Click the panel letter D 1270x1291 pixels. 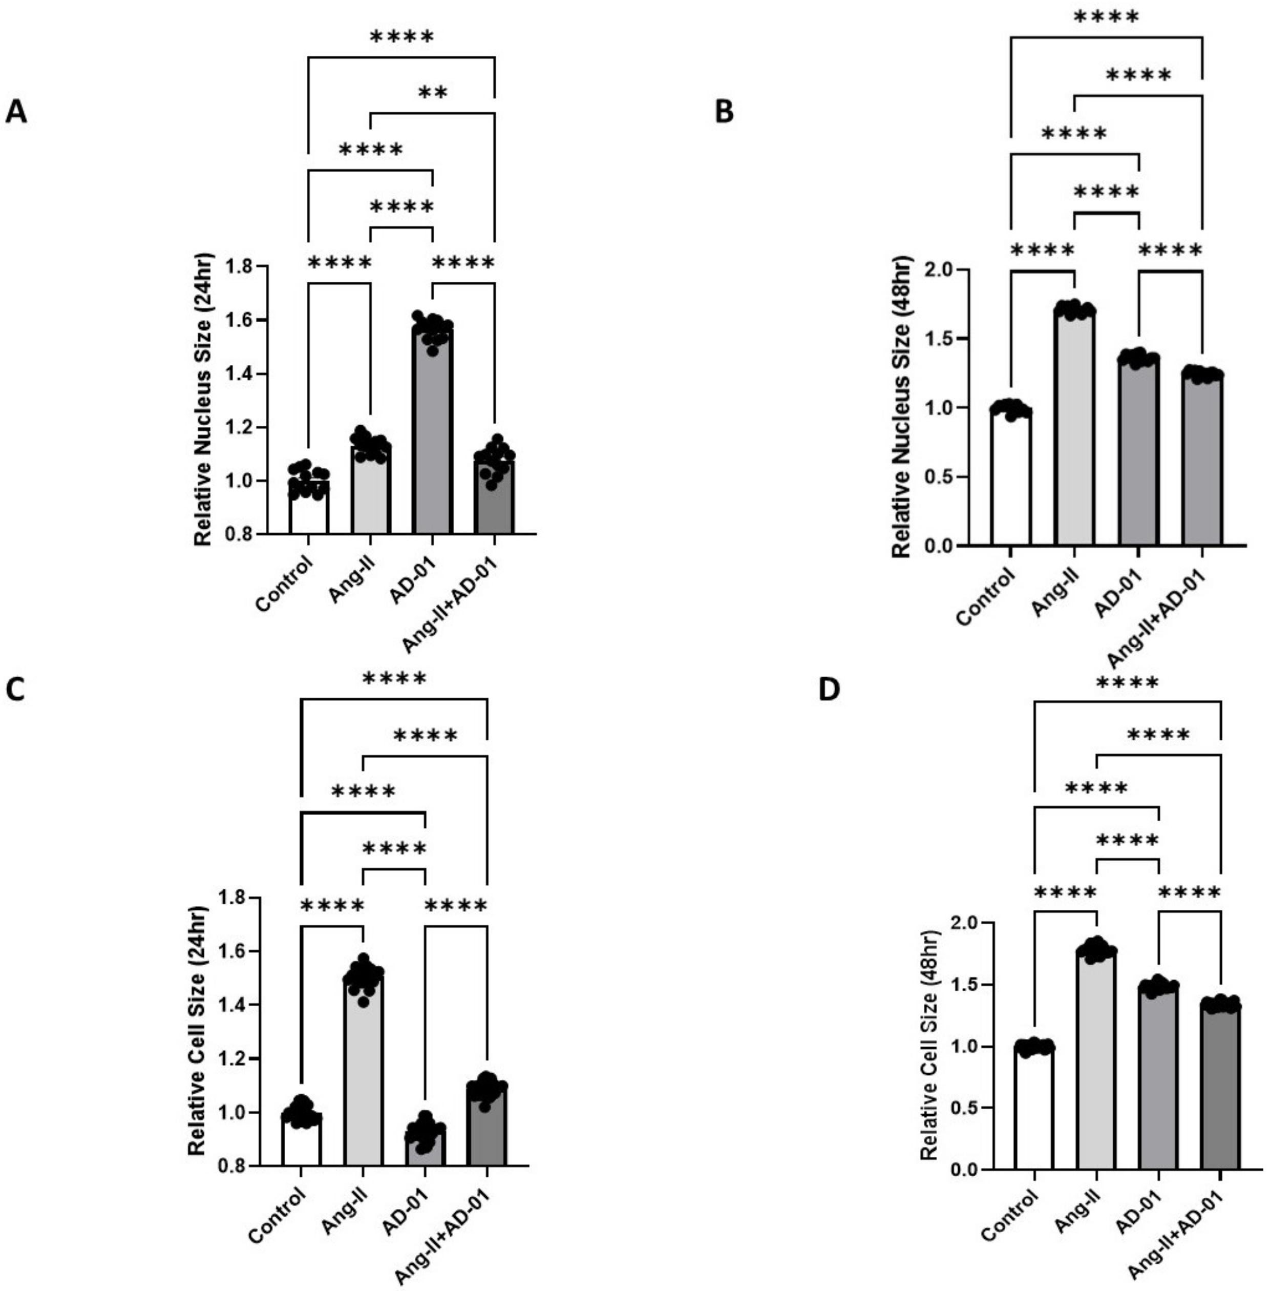(829, 690)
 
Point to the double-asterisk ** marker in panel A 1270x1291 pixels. (432, 93)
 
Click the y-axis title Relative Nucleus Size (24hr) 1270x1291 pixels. (203, 399)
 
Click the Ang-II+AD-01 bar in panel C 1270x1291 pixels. (487, 1128)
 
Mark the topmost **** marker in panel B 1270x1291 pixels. (1106, 17)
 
